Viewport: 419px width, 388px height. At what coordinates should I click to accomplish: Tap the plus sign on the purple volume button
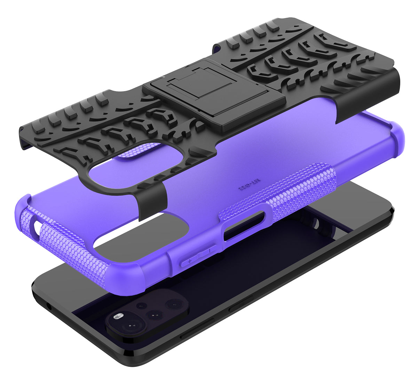click(190, 261)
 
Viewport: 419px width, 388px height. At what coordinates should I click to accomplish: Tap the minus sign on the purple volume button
click(209, 250)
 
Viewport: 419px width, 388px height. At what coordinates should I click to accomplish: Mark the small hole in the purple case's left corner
click(37, 228)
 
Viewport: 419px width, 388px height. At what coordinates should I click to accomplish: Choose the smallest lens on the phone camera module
click(141, 306)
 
